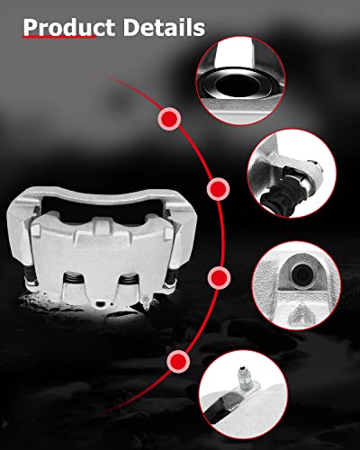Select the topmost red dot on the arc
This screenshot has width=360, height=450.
coord(168,118)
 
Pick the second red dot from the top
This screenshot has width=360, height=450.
coord(217,189)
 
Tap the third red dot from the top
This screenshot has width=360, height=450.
coord(217,274)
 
